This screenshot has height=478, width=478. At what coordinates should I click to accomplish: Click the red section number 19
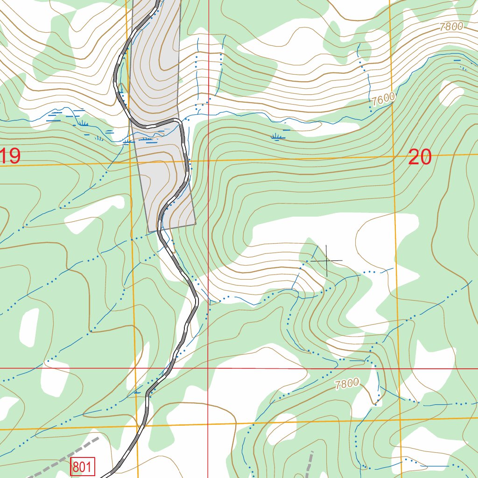pos(10,156)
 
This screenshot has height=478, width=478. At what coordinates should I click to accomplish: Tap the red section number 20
pos(419,158)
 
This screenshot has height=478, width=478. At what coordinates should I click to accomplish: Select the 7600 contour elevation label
pos(384,99)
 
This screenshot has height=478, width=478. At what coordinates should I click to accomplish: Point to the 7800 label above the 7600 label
pos(451,27)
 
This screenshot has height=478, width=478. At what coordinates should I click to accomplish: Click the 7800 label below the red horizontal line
pos(347,384)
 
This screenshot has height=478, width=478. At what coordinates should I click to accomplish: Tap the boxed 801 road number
pos(83,466)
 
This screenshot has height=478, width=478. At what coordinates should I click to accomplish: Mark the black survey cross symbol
pos(326,260)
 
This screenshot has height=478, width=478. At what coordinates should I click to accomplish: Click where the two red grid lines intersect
pos(208,368)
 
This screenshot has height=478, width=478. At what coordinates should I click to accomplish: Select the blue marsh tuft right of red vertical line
pos(278,137)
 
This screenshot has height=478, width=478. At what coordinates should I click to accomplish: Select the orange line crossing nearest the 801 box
pos(137,427)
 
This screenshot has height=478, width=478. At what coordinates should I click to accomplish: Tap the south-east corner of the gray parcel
pos(196,224)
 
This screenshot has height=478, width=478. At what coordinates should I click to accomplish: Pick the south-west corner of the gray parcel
pos(148,232)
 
